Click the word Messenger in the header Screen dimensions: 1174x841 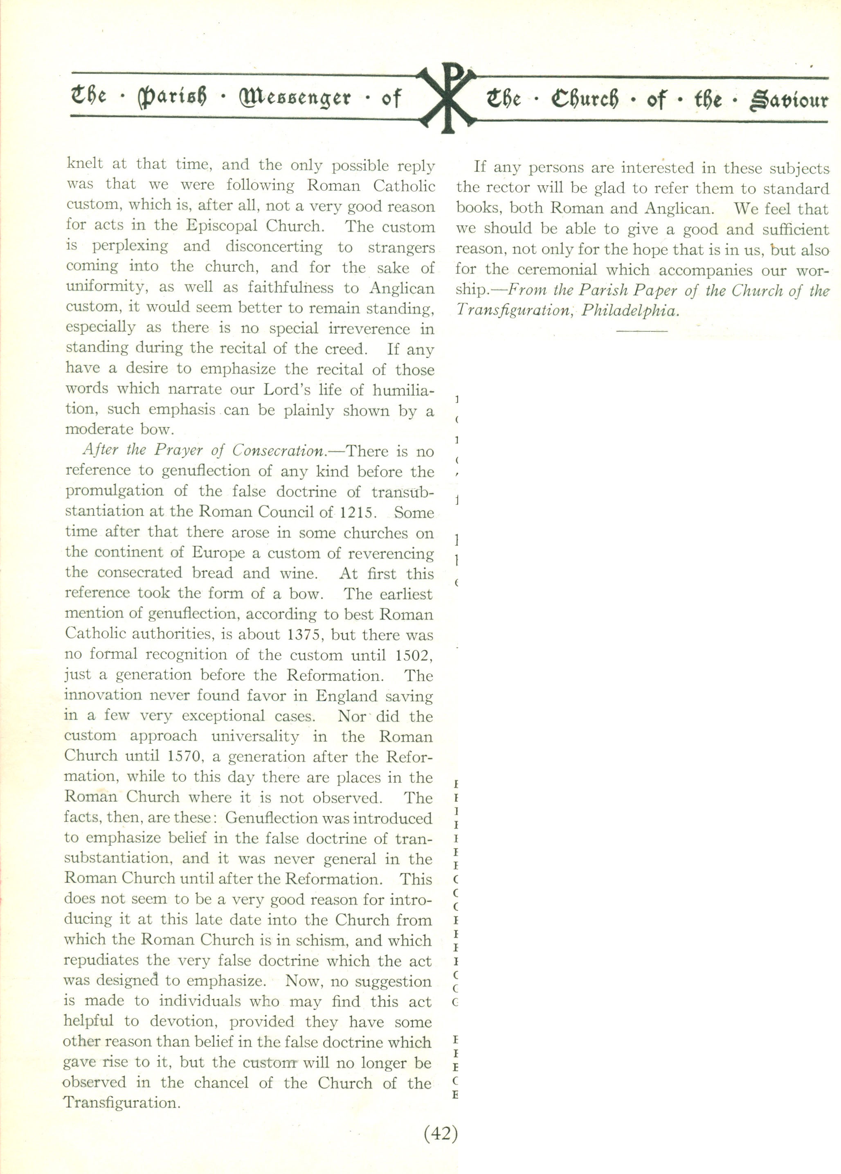point(295,98)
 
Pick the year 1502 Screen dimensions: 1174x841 point(412,655)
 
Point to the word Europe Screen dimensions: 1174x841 point(219,553)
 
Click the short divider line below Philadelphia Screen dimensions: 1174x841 point(642,330)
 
